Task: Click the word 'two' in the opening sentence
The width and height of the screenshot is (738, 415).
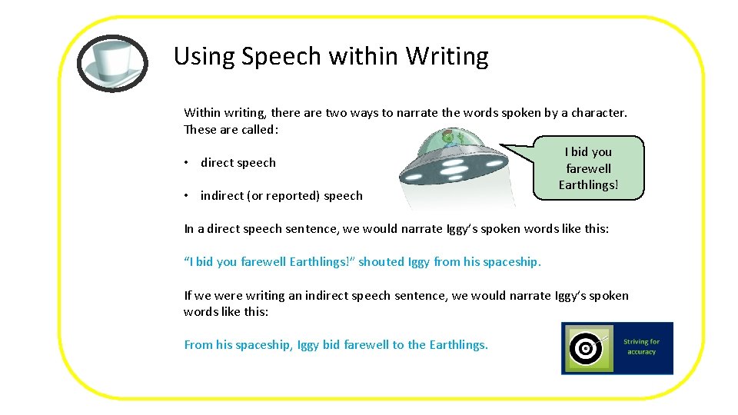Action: pos(337,113)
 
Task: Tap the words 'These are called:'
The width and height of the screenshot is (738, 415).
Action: pos(231,130)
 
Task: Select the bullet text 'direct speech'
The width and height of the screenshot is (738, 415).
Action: pos(238,163)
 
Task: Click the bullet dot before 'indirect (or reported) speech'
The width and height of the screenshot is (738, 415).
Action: pos(187,196)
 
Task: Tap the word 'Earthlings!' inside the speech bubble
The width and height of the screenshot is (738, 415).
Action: pos(588,185)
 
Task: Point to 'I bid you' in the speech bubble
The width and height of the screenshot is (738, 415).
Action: pos(588,152)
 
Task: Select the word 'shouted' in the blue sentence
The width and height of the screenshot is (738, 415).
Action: pos(381,262)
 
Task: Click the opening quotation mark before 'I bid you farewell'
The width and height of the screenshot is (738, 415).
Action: pos(187,261)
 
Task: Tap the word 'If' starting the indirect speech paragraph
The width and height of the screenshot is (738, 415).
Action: pos(188,296)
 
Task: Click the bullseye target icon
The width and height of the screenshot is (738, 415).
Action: pos(587,348)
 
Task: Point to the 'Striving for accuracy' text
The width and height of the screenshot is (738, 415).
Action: pos(641,347)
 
